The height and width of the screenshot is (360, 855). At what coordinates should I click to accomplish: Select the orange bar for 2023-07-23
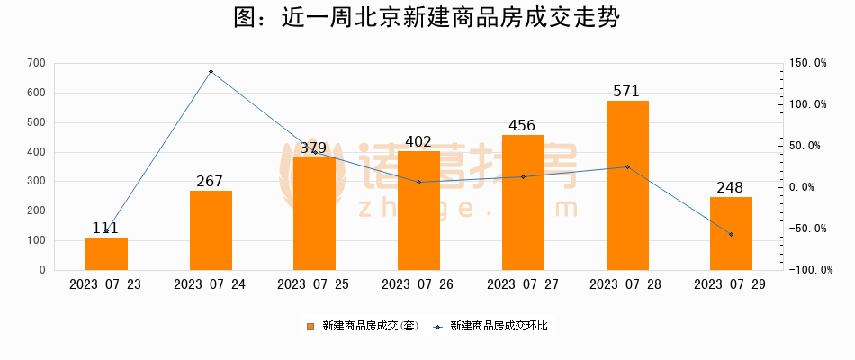[x=106, y=254]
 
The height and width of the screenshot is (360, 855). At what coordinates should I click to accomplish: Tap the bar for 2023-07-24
[x=211, y=230]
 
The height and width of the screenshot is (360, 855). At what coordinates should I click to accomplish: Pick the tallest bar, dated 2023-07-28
[x=627, y=185]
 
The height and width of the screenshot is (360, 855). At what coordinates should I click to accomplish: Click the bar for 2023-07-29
[x=731, y=233]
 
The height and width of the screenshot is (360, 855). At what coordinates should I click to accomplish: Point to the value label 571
[x=627, y=91]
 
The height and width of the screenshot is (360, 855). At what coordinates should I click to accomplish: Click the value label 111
[x=106, y=228]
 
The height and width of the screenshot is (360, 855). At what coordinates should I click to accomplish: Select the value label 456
[x=523, y=125]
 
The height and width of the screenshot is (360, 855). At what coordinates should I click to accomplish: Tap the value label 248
[x=731, y=187]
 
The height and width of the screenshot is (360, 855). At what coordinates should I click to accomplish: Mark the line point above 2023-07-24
[x=211, y=71]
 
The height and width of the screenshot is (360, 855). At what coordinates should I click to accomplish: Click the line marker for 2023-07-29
[x=731, y=234]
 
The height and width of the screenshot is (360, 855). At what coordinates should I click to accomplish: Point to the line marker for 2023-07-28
[x=627, y=166]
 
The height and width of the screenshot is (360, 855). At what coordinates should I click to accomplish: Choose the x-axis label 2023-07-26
[x=418, y=284]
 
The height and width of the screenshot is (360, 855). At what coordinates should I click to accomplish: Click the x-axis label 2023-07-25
[x=314, y=284]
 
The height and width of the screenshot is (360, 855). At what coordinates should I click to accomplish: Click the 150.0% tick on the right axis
[x=808, y=63]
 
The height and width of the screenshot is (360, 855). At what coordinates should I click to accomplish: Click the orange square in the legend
[x=310, y=326]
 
